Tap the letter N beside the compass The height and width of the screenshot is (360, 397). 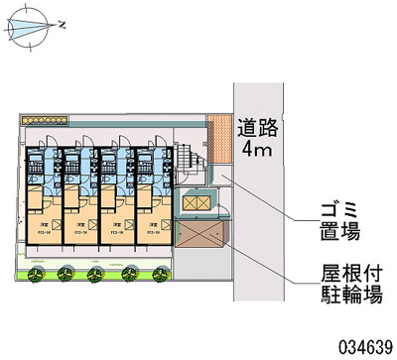click(x=63, y=22)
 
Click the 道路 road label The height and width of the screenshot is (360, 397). click(x=257, y=128)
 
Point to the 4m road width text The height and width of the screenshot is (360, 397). click(x=256, y=151)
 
